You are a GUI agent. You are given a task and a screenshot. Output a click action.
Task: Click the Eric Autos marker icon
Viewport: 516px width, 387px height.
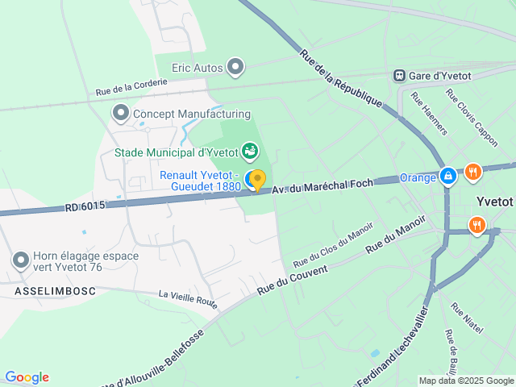(235, 67)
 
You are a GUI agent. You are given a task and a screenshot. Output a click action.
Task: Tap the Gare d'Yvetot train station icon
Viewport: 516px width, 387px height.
(399, 75)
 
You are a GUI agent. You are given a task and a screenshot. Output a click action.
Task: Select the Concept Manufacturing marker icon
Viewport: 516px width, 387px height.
(122, 114)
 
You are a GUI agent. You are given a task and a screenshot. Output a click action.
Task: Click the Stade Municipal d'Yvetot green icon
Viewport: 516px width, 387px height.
(251, 151)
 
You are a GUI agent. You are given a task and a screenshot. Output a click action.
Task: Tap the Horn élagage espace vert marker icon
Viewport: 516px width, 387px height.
(21, 260)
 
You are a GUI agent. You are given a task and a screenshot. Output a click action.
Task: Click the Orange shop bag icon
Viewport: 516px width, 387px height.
(447, 175)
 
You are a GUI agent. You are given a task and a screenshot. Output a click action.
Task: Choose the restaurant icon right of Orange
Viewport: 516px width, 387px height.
(473, 171)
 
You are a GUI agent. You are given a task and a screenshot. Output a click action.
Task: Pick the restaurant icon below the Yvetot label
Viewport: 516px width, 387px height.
(477, 225)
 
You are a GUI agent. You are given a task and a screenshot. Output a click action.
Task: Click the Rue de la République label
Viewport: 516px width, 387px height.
(340, 78)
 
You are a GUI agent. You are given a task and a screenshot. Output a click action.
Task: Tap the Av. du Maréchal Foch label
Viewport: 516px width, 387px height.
(322, 185)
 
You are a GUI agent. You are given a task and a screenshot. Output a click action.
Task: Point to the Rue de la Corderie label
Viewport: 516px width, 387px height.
(131, 87)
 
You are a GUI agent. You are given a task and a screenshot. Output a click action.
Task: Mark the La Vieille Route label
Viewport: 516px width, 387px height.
(188, 301)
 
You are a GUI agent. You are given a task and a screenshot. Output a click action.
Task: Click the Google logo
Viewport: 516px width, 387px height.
(27, 377)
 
